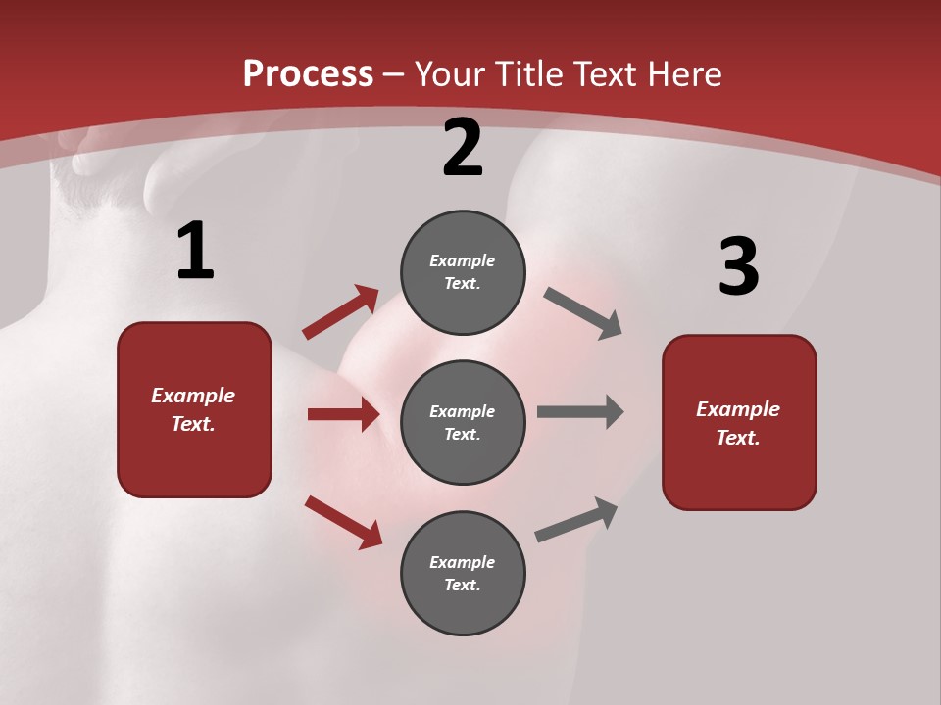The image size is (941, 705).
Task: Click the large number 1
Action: point(195,252)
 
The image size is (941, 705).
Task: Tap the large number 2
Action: point(463,149)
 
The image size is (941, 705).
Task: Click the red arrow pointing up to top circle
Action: point(340,312)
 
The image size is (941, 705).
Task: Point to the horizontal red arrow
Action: point(343,414)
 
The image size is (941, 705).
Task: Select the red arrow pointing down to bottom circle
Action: point(343,522)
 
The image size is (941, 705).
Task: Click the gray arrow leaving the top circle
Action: point(582,313)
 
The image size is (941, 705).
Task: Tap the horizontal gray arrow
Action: point(580,411)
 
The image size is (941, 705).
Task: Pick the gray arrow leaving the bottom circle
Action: point(576,519)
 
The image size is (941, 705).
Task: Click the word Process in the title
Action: point(308,73)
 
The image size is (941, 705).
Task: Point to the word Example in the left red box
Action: point(193,396)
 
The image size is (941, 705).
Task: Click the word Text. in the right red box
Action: point(738,438)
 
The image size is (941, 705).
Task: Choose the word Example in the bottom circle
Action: point(463,562)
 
